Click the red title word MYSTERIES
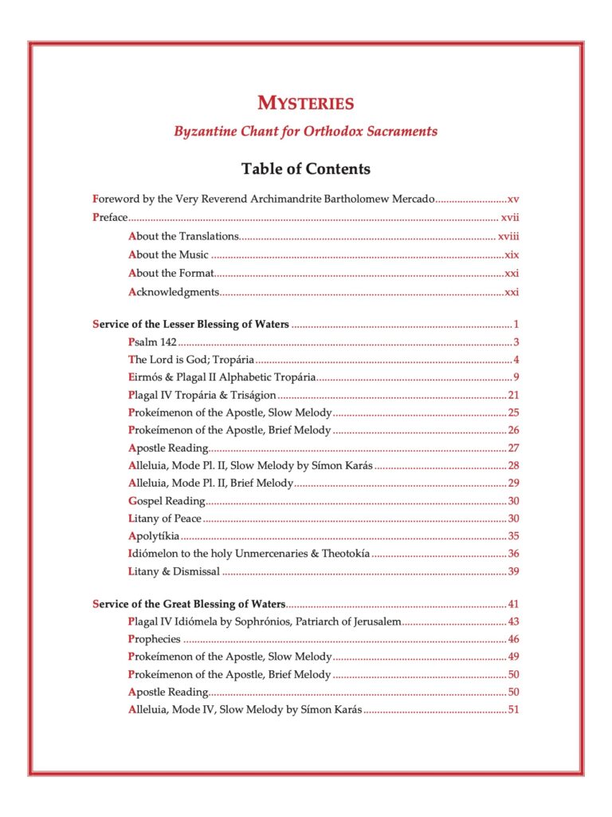(x=306, y=103)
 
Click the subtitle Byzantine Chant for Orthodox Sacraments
(x=306, y=131)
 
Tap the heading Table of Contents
(x=306, y=169)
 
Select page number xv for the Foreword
(x=513, y=199)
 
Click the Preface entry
(x=110, y=217)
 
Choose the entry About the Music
(x=168, y=255)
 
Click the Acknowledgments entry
(x=173, y=292)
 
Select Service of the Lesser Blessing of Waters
(x=190, y=324)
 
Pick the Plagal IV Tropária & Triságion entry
(x=202, y=395)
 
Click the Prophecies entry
(x=154, y=639)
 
